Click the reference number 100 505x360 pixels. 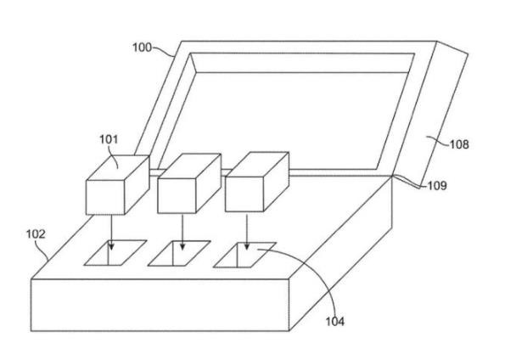pos(142,48)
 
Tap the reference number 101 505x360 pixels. pos(109,139)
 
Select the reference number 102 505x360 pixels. pos(36,234)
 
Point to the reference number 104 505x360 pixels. pos(335,321)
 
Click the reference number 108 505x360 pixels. pos(459,144)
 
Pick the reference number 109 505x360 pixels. pos(437,186)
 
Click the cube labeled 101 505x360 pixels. pos(118,185)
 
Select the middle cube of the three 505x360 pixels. pos(189,183)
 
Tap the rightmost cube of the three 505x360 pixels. pos(256,182)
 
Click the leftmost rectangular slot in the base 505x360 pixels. pos(115,253)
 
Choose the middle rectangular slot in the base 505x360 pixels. pos(179,253)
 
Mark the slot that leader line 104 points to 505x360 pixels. pos(244,255)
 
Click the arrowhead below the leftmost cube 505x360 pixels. pos(111,246)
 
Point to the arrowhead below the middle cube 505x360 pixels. pos(182,246)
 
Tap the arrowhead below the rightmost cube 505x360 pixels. pos(247,246)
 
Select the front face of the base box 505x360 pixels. pos(160,305)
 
